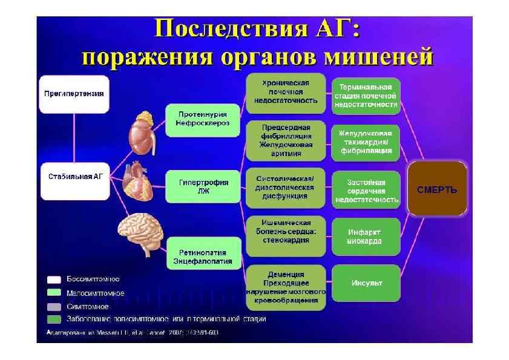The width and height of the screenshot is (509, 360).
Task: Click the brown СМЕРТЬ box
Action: [x=437, y=189]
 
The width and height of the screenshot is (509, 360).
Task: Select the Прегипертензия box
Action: [x=74, y=94]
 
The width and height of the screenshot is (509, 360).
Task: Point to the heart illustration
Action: [x=140, y=181]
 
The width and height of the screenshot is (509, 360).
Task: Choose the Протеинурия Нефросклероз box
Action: [x=202, y=119]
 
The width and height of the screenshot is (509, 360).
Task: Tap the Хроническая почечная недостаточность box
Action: [x=286, y=93]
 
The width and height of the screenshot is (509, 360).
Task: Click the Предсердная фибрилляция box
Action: [x=286, y=140]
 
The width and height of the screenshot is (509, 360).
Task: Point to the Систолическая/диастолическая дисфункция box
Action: [x=286, y=188]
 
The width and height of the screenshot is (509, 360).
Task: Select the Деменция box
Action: [x=286, y=287]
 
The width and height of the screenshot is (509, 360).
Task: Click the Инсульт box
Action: [x=366, y=283]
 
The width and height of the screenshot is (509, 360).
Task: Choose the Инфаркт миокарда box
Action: [x=366, y=236]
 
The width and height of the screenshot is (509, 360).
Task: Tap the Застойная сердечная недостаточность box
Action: [x=366, y=190]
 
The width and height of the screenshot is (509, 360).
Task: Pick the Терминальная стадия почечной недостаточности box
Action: [x=366, y=96]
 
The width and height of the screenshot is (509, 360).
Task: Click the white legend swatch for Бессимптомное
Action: [x=54, y=280]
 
